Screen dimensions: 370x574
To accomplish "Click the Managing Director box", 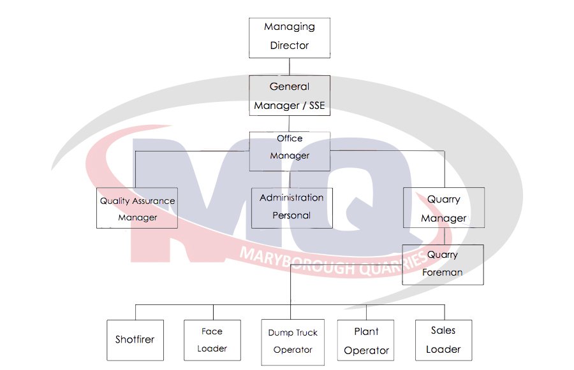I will [290, 37].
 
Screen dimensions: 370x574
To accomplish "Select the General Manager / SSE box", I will [290, 96].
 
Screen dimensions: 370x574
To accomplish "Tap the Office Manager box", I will [290, 151].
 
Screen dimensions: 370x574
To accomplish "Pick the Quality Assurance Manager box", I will [137, 208].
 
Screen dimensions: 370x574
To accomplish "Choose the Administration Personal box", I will [291, 208].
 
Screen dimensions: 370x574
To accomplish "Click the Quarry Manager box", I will [443, 208].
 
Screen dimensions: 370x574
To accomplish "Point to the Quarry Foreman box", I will [443, 264].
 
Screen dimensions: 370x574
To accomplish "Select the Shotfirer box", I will [135, 340].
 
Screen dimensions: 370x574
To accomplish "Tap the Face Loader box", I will [211, 340].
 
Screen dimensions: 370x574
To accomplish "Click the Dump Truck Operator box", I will [293, 342].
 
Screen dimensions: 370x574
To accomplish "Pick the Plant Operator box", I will [366, 341].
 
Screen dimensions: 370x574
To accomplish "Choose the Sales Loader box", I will [443, 340].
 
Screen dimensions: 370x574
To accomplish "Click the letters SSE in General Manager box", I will [317, 106].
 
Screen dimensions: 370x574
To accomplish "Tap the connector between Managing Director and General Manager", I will [290, 66].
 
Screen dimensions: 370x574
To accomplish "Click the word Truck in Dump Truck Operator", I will [306, 332].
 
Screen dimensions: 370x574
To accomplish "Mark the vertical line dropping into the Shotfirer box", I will [135, 312].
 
